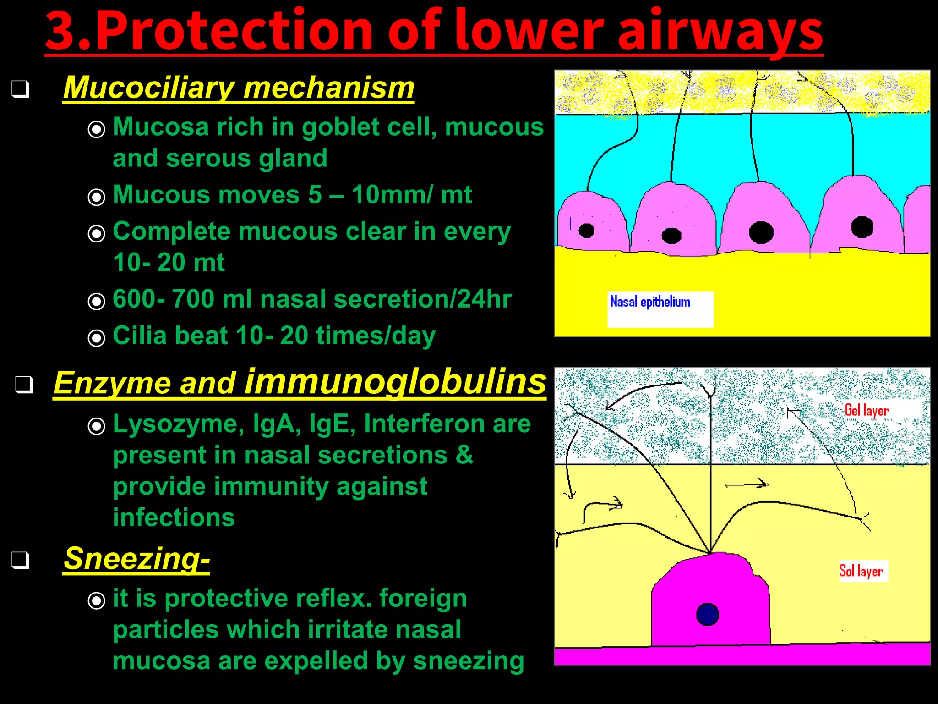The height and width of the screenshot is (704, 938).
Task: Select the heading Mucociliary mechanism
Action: point(239,88)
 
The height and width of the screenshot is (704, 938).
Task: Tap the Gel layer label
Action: point(867,410)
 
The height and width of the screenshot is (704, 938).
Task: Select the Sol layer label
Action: point(861,571)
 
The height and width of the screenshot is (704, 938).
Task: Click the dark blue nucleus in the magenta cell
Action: point(708,615)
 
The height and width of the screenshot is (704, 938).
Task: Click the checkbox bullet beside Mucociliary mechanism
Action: point(21,89)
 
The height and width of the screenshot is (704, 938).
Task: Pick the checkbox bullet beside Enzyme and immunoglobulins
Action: point(24,385)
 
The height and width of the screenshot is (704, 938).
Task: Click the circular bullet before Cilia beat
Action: point(96,338)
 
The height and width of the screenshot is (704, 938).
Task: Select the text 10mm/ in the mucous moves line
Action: point(392,195)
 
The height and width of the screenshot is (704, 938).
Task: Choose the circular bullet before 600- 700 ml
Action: point(96,302)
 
